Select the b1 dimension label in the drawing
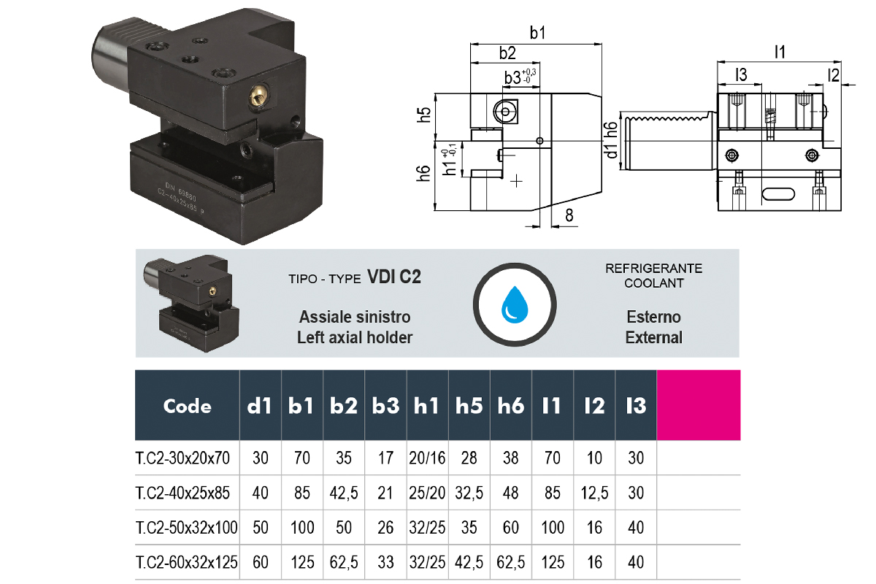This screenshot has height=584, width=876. tap(538, 33)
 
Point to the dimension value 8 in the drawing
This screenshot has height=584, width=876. tap(569, 215)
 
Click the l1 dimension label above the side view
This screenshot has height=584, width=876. tap(780, 51)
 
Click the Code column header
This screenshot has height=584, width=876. tap(188, 406)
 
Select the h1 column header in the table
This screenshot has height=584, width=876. tap(428, 406)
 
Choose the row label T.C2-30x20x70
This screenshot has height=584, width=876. tap(182, 458)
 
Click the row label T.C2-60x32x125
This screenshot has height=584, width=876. tap(187, 563)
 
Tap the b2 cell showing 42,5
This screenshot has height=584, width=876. tap(344, 493)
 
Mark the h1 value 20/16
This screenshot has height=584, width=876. tap(428, 458)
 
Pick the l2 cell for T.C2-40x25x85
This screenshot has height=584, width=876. tap(594, 493)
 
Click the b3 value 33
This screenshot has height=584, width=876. tap(385, 563)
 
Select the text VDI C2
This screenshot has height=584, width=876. tap(394, 277)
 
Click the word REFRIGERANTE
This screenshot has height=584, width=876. tap(653, 269)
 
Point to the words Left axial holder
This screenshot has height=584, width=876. tap(355, 337)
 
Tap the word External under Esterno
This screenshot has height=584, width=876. tap(653, 337)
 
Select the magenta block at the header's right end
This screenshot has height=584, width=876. tap(698, 405)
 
